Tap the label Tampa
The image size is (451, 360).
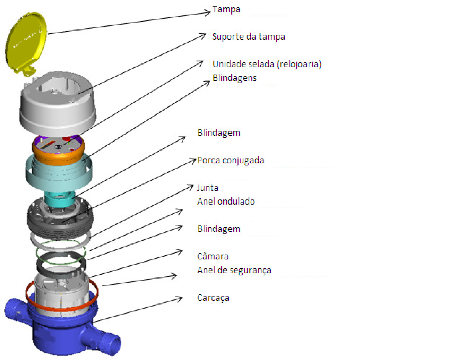coord(226,9)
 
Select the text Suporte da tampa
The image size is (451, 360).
coord(249,37)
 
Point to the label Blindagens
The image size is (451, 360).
coord(234,78)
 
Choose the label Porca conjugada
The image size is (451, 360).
coord(231,161)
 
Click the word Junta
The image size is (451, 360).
coord(208,188)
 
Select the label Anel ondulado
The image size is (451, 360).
coord(226,202)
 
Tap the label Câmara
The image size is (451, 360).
coord(213,256)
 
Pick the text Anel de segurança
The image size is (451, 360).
coord(234,270)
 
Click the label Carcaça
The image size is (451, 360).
coord(213,298)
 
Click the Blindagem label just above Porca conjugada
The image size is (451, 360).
coord(219,133)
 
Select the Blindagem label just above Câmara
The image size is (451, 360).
coord(219,229)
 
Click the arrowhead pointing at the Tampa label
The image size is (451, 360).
coord(208,12)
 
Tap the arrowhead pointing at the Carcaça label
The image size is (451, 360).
coord(179,299)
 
